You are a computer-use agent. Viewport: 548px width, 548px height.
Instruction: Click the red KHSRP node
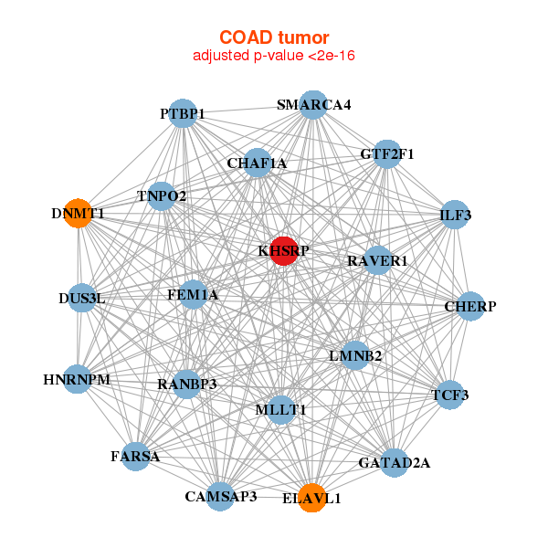pyautogui.click(x=283, y=251)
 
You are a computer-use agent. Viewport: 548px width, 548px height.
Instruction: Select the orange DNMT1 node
pyautogui.click(x=79, y=214)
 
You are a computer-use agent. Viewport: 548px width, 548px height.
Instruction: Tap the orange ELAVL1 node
pyautogui.click(x=312, y=498)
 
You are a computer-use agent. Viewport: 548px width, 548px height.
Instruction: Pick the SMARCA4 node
pyautogui.click(x=313, y=105)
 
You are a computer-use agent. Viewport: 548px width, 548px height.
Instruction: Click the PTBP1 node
pyautogui.click(x=183, y=113)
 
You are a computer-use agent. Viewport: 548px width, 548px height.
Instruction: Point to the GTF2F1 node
pyautogui.click(x=387, y=154)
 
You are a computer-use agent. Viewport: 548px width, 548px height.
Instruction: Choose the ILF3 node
pyautogui.click(x=455, y=215)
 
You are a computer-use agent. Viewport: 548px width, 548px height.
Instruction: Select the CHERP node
pyautogui.click(x=470, y=306)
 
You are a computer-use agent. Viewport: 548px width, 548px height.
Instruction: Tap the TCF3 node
pyautogui.click(x=450, y=395)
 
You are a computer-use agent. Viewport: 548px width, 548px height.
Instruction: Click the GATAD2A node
pyautogui.click(x=395, y=463)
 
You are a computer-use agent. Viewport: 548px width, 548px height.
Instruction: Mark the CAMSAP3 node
pyautogui.click(x=220, y=497)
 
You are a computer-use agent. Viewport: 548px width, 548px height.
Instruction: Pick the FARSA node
pyautogui.click(x=135, y=457)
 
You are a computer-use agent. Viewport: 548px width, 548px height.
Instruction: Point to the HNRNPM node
pyautogui.click(x=78, y=379)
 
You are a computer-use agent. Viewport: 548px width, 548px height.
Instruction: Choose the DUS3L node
pyautogui.click(x=82, y=298)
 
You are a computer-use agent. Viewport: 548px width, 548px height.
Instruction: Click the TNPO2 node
pyautogui.click(x=162, y=196)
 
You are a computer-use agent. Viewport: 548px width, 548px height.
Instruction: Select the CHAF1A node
pyautogui.click(x=258, y=163)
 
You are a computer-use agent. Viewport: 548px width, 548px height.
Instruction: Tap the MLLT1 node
pyautogui.click(x=280, y=410)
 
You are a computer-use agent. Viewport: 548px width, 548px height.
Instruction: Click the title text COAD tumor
pyautogui.click(x=274, y=37)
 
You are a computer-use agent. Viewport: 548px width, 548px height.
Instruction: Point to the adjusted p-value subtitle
pyautogui.click(x=274, y=56)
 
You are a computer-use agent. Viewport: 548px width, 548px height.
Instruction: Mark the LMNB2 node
pyautogui.click(x=355, y=356)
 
